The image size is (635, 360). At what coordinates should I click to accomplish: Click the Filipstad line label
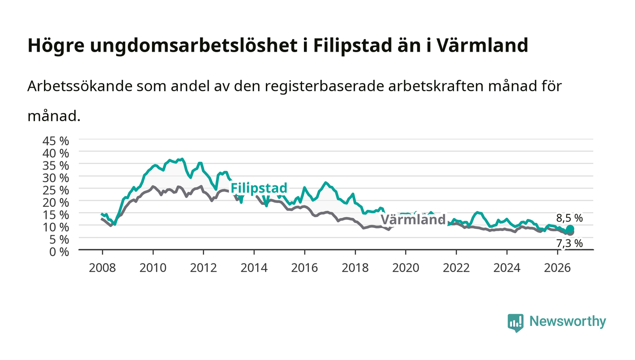[x=259, y=188]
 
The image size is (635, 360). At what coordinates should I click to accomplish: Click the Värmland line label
[x=413, y=220]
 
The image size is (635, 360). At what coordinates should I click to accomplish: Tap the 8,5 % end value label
[x=570, y=218]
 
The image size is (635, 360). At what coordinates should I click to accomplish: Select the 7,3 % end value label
[x=570, y=243]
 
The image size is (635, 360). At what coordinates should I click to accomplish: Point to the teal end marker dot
[x=570, y=229]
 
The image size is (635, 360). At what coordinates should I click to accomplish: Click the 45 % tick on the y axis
[x=56, y=141]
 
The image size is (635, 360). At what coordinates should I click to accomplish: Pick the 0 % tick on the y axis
[x=59, y=252]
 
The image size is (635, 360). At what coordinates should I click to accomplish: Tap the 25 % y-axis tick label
[x=56, y=190]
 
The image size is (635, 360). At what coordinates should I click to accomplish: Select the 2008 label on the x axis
[x=103, y=268]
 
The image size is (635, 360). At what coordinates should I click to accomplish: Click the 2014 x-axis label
[x=254, y=268]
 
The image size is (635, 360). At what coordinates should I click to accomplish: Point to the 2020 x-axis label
[x=405, y=268]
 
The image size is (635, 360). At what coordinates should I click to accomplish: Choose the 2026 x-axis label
[x=557, y=268]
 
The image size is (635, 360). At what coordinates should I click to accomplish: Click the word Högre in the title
[x=56, y=46]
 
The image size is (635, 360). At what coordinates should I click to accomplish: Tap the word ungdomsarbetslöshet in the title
[x=194, y=46]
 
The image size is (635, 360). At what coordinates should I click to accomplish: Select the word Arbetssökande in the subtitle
[x=80, y=86]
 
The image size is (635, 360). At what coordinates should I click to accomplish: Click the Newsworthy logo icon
[x=516, y=323]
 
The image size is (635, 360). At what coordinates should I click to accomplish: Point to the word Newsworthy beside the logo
[x=568, y=321]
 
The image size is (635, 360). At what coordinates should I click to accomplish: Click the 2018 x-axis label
[x=355, y=268]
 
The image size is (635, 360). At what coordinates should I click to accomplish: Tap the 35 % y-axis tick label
[x=56, y=165]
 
